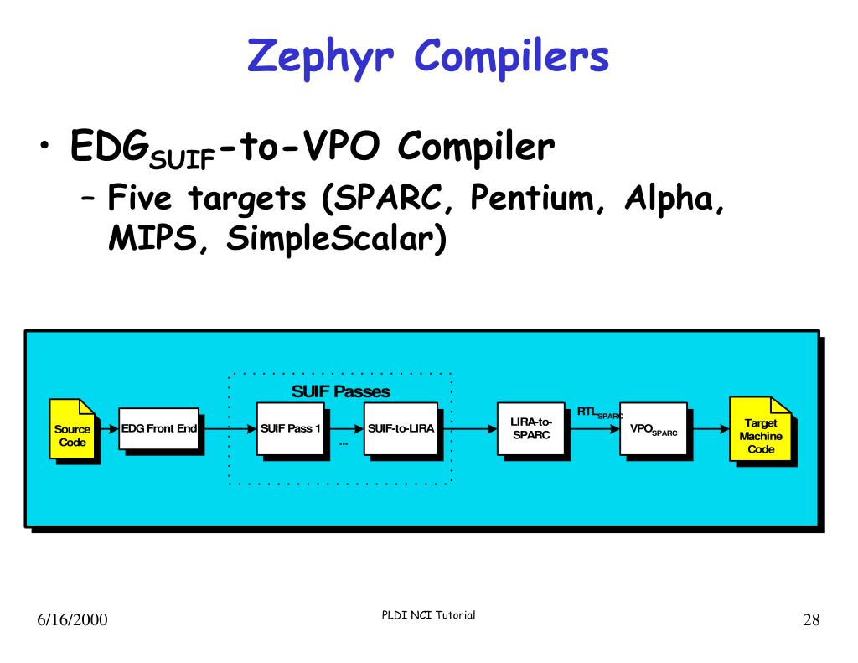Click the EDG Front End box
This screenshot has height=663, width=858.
pos(159,428)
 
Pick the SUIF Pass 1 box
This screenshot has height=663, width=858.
pos(291,428)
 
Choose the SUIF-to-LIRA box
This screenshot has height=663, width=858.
pos(401,428)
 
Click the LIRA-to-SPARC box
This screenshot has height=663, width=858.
pos(531,428)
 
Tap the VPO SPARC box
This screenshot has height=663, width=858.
pos(653,428)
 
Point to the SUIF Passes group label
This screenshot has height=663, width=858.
pos(340,391)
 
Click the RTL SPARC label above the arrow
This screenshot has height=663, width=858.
pos(599,412)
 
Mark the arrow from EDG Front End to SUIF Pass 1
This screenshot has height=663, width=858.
pos(228,428)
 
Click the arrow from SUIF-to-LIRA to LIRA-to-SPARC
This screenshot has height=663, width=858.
pos(468,428)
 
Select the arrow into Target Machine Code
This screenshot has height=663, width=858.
pos(709,428)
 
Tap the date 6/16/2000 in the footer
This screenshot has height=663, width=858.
pos(72,620)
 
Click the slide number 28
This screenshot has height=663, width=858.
pos(810,620)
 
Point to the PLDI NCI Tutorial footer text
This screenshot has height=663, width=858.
pos(427,615)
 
